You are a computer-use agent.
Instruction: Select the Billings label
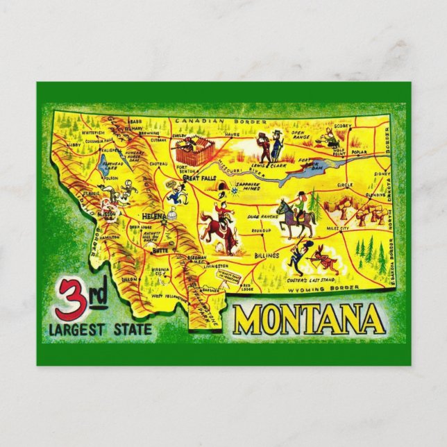(266, 255)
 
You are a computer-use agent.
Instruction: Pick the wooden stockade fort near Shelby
(194, 151)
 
